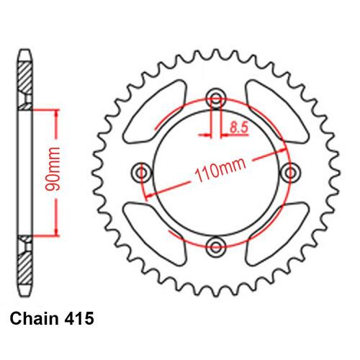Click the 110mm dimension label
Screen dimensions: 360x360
pyautogui.click(x=220, y=171)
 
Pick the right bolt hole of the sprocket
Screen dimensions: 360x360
pyautogui.click(x=291, y=172)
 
